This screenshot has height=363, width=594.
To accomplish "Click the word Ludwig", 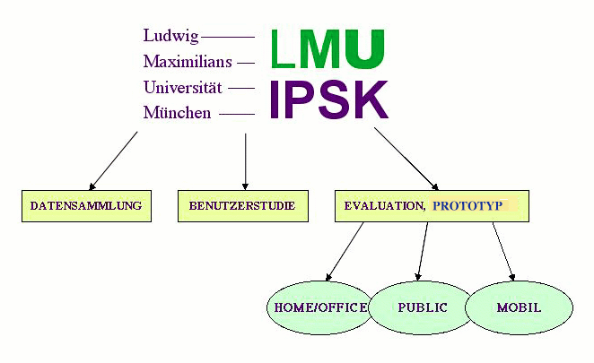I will point(170,37).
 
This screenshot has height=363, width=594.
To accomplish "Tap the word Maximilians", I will point(188,63).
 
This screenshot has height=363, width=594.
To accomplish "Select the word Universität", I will point(182,88).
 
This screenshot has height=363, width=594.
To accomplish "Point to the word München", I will point(177,113).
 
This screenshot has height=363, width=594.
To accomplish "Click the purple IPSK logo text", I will point(329,99).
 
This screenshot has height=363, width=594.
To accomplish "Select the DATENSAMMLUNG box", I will point(86,206).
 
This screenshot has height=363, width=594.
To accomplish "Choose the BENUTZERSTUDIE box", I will point(242,206).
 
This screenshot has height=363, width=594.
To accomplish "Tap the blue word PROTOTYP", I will point(469,206).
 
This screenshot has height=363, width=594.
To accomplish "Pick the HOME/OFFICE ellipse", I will point(319,307).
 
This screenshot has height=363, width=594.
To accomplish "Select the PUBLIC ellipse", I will point(422,307).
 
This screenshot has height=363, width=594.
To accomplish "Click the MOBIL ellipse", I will point(519,307).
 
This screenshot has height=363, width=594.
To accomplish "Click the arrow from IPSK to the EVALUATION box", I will point(406,158).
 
